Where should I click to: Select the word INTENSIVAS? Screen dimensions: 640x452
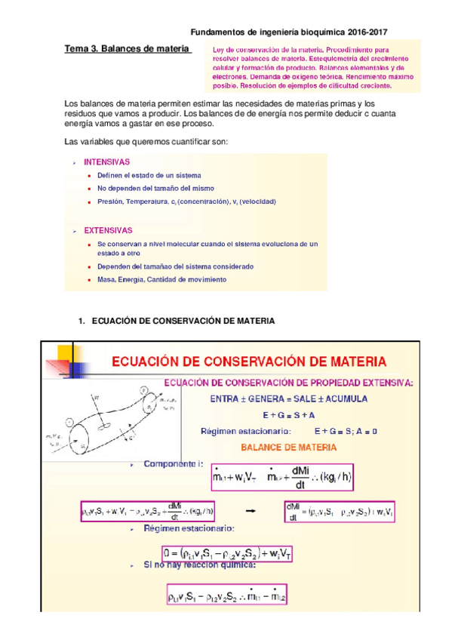106,162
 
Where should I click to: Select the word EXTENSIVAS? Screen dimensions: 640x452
108,230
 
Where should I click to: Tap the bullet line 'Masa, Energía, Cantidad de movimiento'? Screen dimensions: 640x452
161,279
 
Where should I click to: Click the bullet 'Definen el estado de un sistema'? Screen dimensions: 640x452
149,175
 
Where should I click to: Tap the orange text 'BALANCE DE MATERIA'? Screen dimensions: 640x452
289,447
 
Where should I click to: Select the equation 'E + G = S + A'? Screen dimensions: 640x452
289,415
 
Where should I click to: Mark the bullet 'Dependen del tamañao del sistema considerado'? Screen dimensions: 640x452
175,266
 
